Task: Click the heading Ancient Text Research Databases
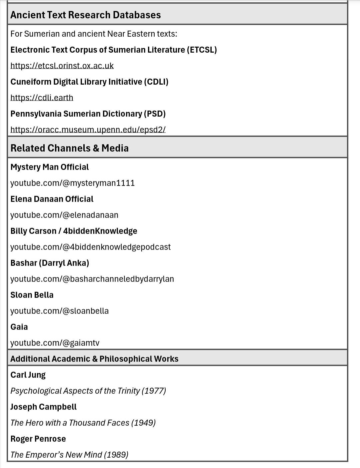point(85,15)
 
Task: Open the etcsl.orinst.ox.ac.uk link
point(62,66)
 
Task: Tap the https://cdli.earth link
point(42,98)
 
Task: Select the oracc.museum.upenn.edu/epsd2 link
point(88,130)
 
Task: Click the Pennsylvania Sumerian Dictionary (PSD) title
point(88,114)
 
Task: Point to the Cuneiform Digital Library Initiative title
point(89,82)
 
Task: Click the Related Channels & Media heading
point(69,148)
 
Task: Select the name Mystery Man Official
point(49,167)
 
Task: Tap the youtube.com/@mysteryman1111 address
point(72,183)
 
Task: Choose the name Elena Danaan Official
point(52,199)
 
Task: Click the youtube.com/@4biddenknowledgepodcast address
point(90,247)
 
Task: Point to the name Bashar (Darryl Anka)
point(50,263)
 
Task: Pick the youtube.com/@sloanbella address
point(59,311)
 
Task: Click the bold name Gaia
point(19,327)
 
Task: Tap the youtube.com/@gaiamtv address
point(55,343)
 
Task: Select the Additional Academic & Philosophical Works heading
point(94,359)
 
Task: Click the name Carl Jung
point(28,375)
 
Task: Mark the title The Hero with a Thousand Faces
point(70,423)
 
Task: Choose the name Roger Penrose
point(38,439)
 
